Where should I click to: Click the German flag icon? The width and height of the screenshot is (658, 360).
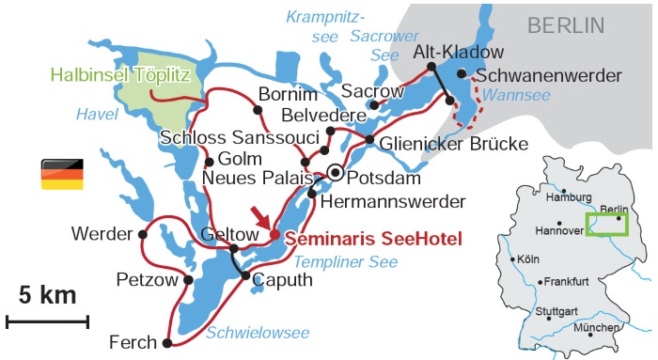pyautogui.click(x=61, y=174)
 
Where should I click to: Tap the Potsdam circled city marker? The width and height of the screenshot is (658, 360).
pyautogui.click(x=336, y=172)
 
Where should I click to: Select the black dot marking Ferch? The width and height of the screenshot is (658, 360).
pyautogui.click(x=166, y=343)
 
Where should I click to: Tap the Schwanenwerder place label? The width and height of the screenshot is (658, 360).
pyautogui.click(x=549, y=74)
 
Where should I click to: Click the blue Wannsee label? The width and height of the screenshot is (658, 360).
pyautogui.click(x=517, y=94)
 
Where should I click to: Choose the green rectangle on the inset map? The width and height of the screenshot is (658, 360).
pyautogui.click(x=606, y=225)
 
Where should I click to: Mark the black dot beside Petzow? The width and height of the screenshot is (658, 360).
pyautogui.click(x=189, y=279)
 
